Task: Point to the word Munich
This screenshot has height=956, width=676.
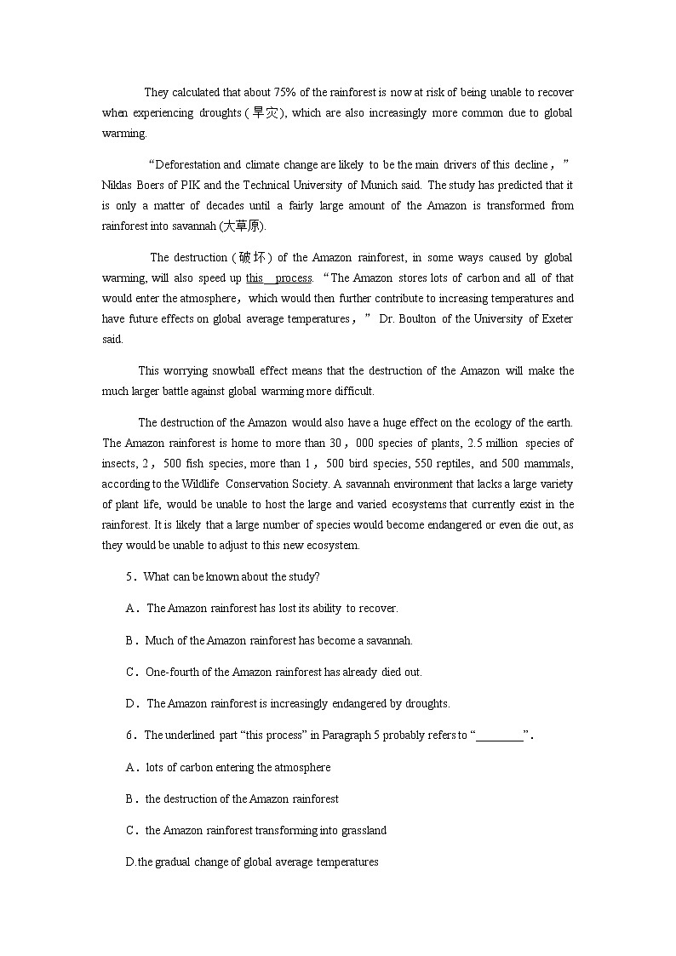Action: [x=381, y=185]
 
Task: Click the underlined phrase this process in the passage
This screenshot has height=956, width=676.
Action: [x=278, y=278]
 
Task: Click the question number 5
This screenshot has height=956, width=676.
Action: [x=130, y=576]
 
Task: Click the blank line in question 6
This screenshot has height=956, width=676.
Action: [x=500, y=736]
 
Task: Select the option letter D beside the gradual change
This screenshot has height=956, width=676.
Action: [x=130, y=862]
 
